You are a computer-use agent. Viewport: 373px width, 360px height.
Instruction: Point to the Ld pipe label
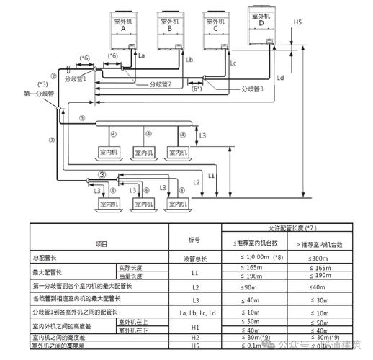pos(280,76)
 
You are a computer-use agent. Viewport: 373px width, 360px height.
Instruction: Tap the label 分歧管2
pos(161,85)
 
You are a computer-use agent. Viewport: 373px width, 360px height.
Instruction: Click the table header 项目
pos(101,244)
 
